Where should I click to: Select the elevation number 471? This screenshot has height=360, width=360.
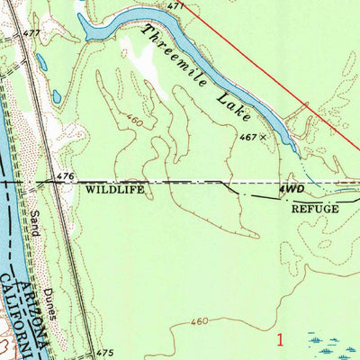click(x=175, y=6)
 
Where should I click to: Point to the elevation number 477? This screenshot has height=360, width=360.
click(x=32, y=34)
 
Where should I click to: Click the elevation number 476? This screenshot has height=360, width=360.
click(x=64, y=175)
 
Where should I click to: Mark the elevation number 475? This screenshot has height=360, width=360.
click(x=105, y=352)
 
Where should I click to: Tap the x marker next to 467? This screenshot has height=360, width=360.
click(x=263, y=138)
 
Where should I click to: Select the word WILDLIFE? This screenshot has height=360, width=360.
click(x=114, y=191)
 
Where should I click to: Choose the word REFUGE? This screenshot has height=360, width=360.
click(x=314, y=208)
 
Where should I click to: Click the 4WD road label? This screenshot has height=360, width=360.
click(x=291, y=191)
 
